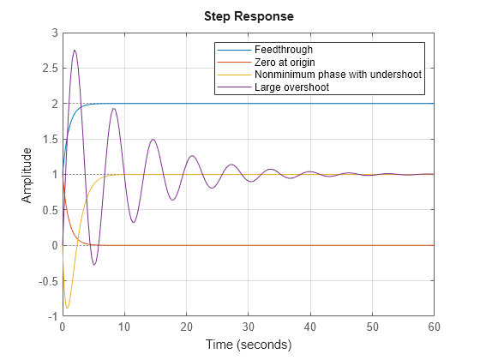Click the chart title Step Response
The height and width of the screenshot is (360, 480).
(249, 16)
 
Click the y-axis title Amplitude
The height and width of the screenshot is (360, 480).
(27, 174)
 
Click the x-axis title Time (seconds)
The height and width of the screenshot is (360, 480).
(249, 345)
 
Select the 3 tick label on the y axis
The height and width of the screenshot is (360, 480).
(54, 33)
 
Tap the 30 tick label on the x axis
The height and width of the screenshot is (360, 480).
(249, 327)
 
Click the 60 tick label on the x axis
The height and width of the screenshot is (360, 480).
(435, 327)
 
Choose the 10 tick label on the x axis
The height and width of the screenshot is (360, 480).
(124, 327)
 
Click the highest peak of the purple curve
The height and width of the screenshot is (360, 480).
(75, 50)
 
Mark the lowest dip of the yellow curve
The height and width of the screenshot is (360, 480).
(67, 308)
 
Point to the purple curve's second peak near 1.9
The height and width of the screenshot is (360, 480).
(113, 108)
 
